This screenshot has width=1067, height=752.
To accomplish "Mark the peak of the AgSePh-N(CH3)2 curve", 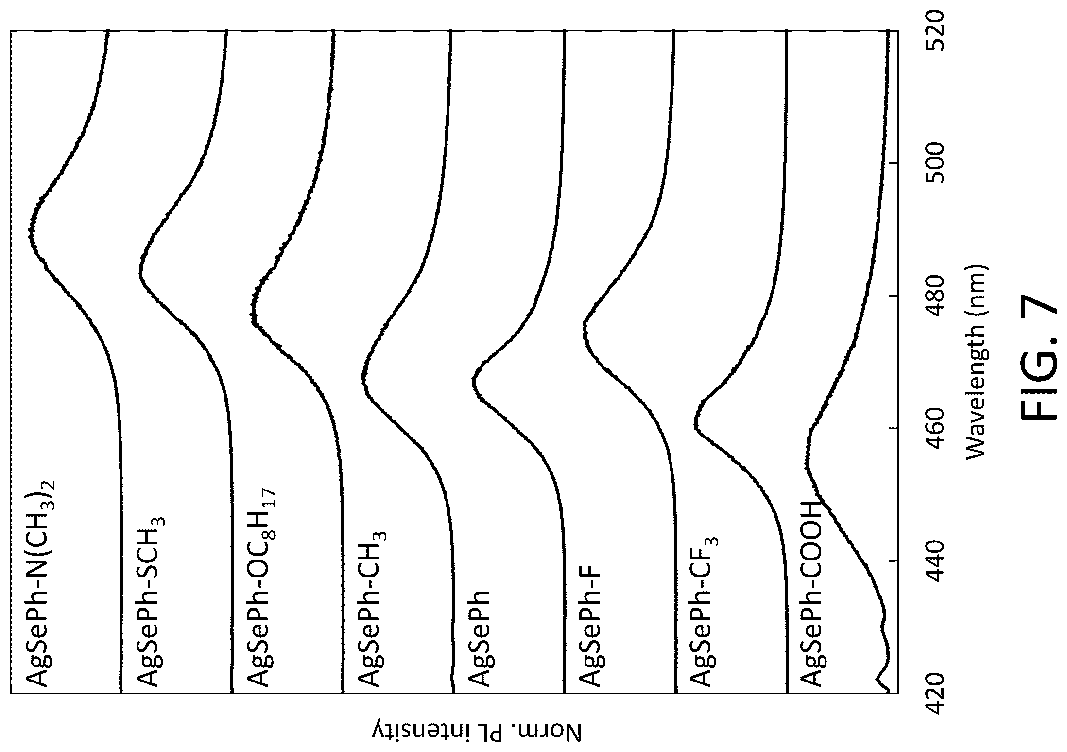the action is (x=29, y=232).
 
